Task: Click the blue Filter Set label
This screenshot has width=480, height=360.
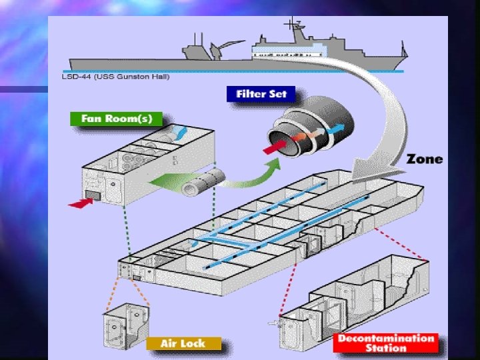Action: pos(261,93)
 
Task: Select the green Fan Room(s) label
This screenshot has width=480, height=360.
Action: pos(117,119)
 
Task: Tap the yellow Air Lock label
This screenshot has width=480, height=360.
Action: pos(181,344)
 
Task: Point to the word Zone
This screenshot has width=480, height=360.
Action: pos(424,159)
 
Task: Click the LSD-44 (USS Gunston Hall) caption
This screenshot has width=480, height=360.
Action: pos(106,77)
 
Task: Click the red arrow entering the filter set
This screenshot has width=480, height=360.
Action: pos(272,147)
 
